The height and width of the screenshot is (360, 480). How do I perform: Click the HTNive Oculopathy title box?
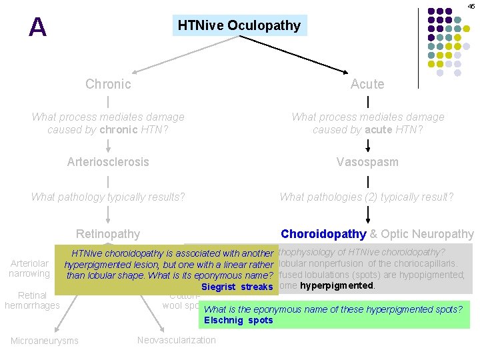[x=239, y=26]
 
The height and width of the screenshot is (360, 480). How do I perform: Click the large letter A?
[x=38, y=27]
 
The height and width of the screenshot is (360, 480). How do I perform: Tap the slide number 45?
[x=471, y=6]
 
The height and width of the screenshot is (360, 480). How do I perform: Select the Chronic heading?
[x=108, y=84]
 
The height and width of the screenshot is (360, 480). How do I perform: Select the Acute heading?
[x=367, y=84]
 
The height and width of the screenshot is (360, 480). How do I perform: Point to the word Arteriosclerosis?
[x=108, y=162]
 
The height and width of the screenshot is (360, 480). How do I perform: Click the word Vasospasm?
[x=367, y=162]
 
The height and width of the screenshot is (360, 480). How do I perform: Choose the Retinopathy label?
[x=108, y=233]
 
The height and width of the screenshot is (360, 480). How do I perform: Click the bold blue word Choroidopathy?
[x=323, y=233]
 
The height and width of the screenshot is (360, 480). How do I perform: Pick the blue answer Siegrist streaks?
[x=237, y=287]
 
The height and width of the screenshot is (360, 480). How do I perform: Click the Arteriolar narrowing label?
[x=29, y=269]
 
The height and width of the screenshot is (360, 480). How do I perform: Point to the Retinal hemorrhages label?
[x=32, y=300]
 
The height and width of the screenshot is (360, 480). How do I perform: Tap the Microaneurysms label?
[x=45, y=341]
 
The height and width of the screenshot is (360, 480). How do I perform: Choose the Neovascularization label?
[x=176, y=340]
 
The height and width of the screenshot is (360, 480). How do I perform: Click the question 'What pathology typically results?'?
[x=108, y=197]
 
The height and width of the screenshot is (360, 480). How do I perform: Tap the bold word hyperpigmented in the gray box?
[x=337, y=285]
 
